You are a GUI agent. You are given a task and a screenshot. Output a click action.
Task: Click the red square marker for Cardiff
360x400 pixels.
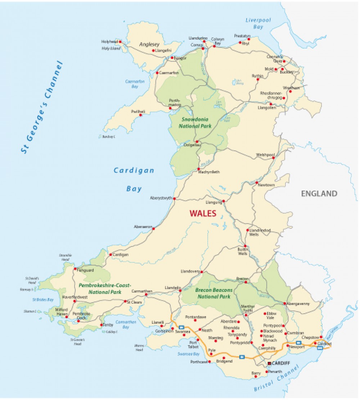point(269,363)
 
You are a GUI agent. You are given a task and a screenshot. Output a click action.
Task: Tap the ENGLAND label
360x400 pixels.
point(319,194)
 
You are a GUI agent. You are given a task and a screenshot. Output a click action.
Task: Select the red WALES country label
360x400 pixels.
point(203,213)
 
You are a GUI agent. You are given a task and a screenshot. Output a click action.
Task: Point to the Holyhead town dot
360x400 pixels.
point(120,42)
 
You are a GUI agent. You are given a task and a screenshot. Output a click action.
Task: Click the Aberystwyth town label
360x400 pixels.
point(161,198)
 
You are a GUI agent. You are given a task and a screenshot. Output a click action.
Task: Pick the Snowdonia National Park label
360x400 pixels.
point(195,123)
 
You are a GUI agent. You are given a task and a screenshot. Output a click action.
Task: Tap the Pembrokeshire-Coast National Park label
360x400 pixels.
point(105,288)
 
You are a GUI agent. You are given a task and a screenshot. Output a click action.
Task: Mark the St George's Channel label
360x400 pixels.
point(42,108)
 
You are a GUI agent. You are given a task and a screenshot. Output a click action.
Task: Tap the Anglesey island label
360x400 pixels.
point(149,45)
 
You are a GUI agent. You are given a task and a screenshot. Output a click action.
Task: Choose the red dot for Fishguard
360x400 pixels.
point(75,269)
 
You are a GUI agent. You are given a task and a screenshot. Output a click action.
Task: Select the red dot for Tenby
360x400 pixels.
point(101,325)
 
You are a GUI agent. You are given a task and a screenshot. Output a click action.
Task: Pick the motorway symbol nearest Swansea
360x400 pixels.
point(181,327)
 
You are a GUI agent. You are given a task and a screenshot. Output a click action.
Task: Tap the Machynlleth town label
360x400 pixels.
point(209,172)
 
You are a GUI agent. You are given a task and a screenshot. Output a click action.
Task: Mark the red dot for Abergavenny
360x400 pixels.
point(284,304)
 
